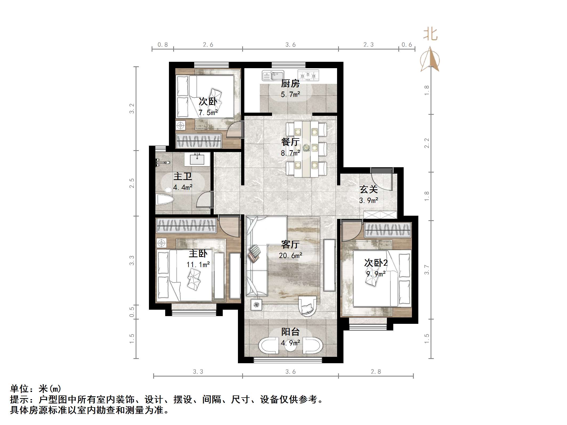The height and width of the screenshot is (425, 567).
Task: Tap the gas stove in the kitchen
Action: pos(308,75)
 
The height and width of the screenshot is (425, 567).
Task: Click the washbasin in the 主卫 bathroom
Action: pos(197,159)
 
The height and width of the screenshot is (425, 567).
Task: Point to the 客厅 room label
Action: pos(290,244)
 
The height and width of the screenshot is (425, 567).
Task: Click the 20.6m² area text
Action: pos(290,256)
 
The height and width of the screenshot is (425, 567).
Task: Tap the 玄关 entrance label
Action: pos(368,189)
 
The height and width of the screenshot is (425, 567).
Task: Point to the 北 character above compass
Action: pos(430,35)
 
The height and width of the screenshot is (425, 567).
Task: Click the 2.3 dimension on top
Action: pos(368,45)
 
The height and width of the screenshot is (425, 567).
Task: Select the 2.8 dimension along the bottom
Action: pos(376,371)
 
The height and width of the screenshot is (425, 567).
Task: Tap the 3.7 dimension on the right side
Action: pos(427,269)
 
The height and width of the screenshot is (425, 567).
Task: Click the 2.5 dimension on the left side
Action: pos(132,183)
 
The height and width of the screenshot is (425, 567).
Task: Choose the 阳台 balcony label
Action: pos(290,332)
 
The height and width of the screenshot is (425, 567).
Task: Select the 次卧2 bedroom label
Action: pos(376,263)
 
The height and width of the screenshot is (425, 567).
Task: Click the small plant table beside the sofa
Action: pos(256,305)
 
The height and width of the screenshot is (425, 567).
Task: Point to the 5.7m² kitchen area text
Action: pos(290,95)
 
